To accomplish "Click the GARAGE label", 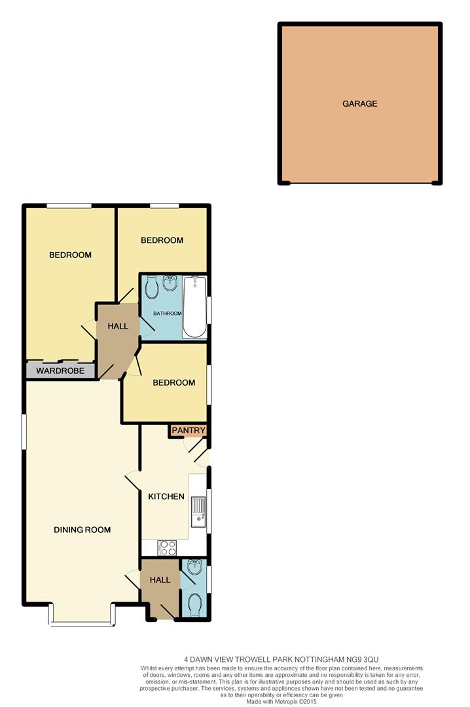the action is click(x=359, y=103).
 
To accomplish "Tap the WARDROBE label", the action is click(x=60, y=371).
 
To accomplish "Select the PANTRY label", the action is click(x=189, y=430).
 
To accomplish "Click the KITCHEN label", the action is click(x=166, y=496).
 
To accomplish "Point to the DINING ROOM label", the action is click(x=82, y=530).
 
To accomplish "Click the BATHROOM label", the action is click(x=168, y=314).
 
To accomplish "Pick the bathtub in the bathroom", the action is click(x=195, y=307).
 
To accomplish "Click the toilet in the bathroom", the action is click(x=152, y=287).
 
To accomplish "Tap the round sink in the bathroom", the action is click(x=170, y=283).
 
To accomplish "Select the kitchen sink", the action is click(x=198, y=512).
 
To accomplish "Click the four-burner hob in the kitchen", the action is click(x=168, y=548).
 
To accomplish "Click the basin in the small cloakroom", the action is click(x=195, y=567).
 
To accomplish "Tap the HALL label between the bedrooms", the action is click(x=118, y=326).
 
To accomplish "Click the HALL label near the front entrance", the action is click(x=160, y=580).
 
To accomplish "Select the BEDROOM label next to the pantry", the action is click(x=173, y=383).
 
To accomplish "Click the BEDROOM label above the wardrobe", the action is click(x=70, y=255).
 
